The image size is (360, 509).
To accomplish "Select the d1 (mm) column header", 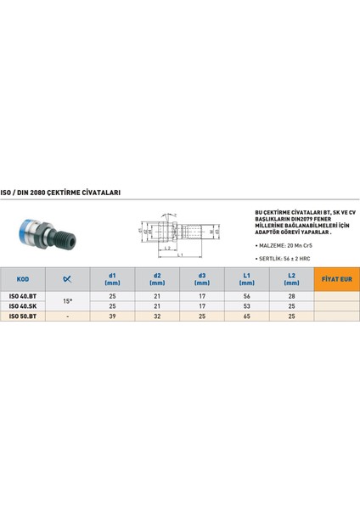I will pos(113,277).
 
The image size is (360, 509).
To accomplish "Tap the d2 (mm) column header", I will pos(157,277).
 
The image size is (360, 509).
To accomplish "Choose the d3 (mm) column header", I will pos(202,277).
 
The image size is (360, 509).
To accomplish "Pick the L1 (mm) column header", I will pos(246,277).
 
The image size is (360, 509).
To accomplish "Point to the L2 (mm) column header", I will pos(290,277).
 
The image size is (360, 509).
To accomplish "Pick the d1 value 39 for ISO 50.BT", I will pos(113,315).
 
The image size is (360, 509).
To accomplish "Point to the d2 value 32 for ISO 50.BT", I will pos(157,315).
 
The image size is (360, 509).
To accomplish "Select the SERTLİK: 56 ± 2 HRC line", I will pos(286,256).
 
